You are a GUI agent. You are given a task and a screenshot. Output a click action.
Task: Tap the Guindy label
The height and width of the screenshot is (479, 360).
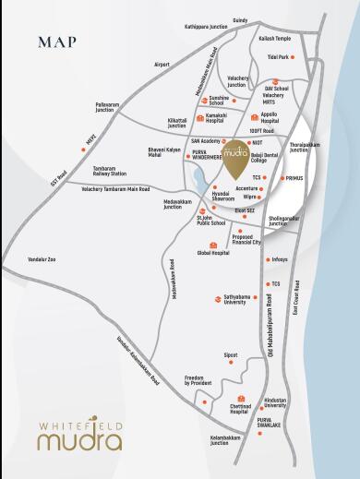[x=240, y=19]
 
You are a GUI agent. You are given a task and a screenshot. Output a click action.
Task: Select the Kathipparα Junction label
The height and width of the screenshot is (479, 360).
[x=206, y=28]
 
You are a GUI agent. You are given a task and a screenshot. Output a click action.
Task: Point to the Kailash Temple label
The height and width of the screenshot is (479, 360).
[x=274, y=39]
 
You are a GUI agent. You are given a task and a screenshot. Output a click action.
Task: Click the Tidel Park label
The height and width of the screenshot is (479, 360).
[x=278, y=57]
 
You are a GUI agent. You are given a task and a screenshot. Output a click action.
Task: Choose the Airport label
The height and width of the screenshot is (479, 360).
[x=162, y=64]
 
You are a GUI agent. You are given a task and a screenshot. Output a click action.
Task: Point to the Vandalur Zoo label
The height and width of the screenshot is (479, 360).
[x=42, y=259]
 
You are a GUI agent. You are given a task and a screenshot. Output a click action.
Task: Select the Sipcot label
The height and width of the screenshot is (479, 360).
[x=231, y=354]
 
